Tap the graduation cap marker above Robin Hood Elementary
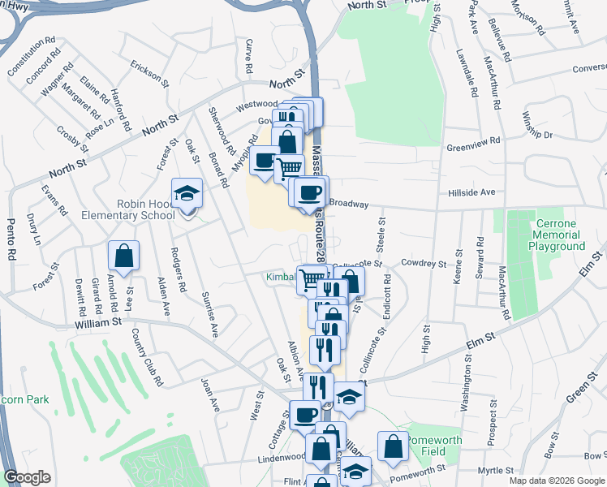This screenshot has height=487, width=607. [x=187, y=193]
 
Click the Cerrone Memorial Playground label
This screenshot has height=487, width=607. [x=560, y=235]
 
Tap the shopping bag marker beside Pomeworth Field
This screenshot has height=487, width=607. [x=393, y=446]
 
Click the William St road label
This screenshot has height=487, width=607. [x=98, y=321]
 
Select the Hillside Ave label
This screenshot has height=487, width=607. [x=471, y=192]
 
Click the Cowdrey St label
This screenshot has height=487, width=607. [x=424, y=264]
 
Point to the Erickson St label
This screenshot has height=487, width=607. [x=149, y=72]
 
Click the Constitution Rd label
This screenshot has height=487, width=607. [x=31, y=55]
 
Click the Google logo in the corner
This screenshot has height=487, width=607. [x=26, y=477]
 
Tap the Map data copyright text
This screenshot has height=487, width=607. [x=556, y=481]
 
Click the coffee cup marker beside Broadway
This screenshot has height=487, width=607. [x=309, y=192]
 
